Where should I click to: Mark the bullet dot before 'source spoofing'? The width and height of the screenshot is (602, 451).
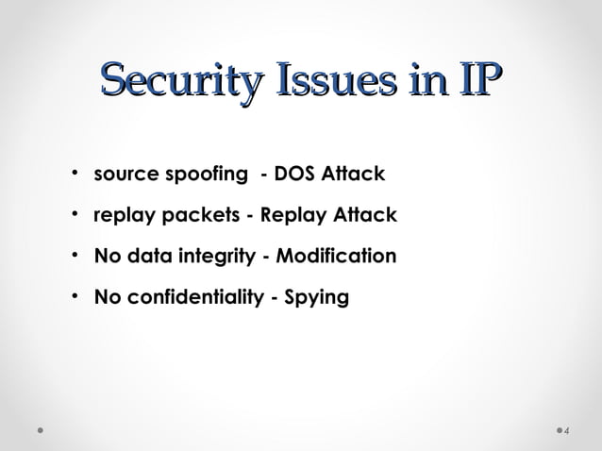point(74,175)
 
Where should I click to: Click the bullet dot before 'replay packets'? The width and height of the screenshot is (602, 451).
point(74,215)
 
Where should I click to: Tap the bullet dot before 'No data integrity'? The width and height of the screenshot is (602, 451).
point(74,257)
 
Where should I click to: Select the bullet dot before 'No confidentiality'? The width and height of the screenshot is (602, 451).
point(74,297)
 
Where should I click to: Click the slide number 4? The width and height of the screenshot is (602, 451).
point(567,431)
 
